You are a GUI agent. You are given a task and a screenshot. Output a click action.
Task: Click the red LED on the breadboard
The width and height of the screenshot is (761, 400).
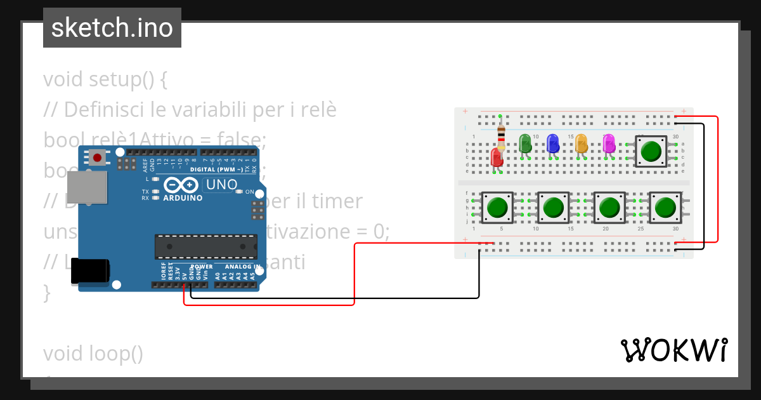pyautogui.click(x=497, y=157)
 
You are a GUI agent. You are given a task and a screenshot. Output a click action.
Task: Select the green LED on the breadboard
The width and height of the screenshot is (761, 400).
pyautogui.click(x=524, y=143)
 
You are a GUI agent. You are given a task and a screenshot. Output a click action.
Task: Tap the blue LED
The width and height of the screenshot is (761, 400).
pyautogui.click(x=552, y=143)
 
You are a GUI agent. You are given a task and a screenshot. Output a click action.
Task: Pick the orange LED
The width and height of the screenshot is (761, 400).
pyautogui.click(x=581, y=143)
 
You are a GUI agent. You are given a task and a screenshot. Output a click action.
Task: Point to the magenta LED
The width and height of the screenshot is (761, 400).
pyautogui.click(x=609, y=143)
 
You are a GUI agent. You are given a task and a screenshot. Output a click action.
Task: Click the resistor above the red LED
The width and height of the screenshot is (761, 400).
pyautogui.click(x=501, y=134)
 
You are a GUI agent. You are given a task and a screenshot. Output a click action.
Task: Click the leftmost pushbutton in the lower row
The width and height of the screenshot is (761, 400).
pyautogui.click(x=498, y=208)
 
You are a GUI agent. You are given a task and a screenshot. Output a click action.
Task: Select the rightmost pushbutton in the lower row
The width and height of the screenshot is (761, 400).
pyautogui.click(x=665, y=208)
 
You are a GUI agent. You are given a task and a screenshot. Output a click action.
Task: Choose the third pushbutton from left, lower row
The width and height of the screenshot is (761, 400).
pyautogui.click(x=609, y=208)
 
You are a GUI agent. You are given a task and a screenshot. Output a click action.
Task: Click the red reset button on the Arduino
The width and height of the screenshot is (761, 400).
pyautogui.click(x=97, y=157)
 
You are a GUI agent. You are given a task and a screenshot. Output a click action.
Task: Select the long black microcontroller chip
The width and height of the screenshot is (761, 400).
pyautogui.click(x=206, y=246)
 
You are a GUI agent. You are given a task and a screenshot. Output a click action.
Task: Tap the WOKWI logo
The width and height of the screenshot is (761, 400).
pyautogui.click(x=673, y=350)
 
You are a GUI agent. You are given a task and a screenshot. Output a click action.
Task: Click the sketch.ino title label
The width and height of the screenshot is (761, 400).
pyautogui.click(x=112, y=28)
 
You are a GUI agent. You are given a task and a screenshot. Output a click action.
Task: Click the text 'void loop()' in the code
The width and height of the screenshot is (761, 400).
pyautogui.click(x=93, y=354)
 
